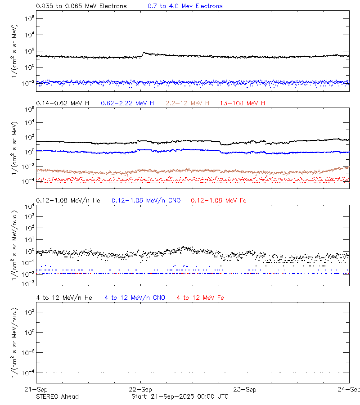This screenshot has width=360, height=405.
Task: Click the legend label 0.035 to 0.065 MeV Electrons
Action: (x=81, y=6)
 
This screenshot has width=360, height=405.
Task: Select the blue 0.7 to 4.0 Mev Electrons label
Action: (x=185, y=6)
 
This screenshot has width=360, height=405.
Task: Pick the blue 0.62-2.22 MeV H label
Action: (x=127, y=103)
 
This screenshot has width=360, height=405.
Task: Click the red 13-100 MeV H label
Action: (x=243, y=103)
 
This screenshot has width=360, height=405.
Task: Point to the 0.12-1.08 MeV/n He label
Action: (x=71, y=200)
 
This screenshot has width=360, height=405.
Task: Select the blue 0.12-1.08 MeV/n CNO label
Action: (x=146, y=200)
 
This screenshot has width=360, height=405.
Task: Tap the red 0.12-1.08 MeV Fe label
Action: (x=219, y=200)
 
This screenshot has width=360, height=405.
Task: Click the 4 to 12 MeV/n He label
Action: (x=64, y=297)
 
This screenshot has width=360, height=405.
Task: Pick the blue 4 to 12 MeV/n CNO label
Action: (x=135, y=297)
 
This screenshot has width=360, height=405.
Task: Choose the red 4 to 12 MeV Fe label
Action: (x=200, y=297)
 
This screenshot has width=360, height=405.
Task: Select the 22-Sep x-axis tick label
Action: (x=141, y=389)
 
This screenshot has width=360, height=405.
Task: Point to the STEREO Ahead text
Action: (x=57, y=396)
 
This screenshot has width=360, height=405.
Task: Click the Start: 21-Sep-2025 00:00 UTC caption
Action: (x=180, y=396)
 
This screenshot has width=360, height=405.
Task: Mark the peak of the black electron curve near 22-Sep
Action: (x=144, y=53)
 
